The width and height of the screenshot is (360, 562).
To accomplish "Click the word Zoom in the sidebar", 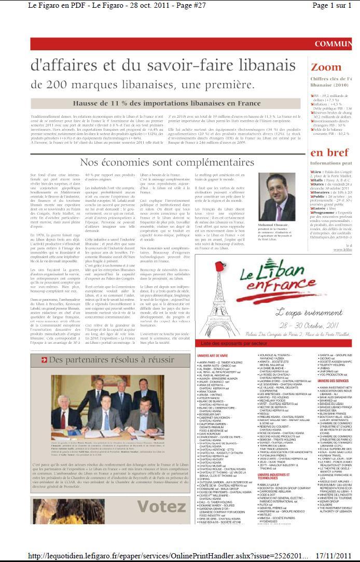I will [x=326, y=67].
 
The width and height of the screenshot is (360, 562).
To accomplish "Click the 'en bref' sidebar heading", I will [x=329, y=153].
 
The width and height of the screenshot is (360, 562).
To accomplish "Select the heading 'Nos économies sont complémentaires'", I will [x=167, y=163].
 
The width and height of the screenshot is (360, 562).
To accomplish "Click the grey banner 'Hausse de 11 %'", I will [x=167, y=103].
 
